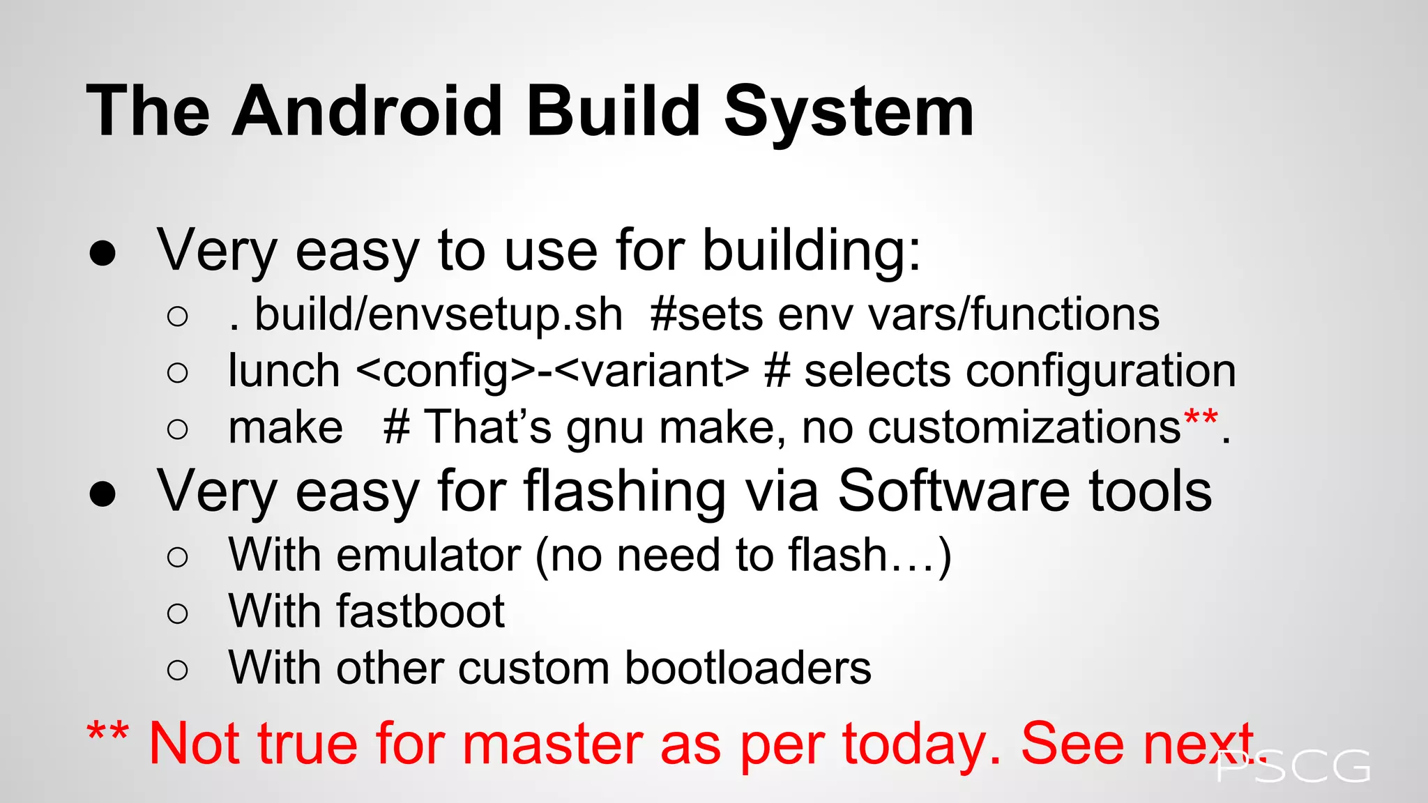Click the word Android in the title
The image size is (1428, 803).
click(x=367, y=112)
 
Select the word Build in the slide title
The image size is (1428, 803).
click(x=614, y=112)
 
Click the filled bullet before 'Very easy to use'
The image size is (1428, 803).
click(x=102, y=254)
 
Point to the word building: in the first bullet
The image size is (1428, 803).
click(x=811, y=251)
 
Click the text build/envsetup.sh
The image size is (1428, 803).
click(x=438, y=315)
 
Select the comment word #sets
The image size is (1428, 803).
click(x=706, y=315)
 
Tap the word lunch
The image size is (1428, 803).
click(x=284, y=371)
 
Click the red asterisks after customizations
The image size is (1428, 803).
click(x=1200, y=420)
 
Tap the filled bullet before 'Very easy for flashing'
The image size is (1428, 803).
click(x=102, y=494)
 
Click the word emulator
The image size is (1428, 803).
click(x=428, y=556)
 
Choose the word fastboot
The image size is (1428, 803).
click(x=420, y=612)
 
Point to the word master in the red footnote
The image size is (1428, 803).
click(x=552, y=744)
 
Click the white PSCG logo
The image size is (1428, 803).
click(x=1293, y=767)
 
